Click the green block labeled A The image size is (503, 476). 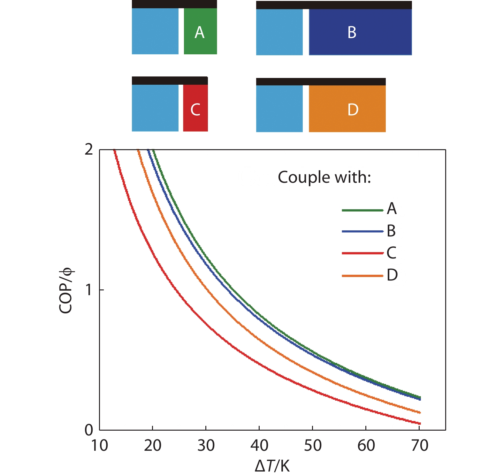200,31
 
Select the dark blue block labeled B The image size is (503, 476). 360,32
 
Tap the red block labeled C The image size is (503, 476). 195,108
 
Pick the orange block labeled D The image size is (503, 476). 347,109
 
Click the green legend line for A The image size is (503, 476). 362,210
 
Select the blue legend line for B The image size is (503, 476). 362,231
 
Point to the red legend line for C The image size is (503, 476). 362,253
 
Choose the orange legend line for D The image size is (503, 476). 362,275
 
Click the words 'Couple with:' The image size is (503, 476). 324,177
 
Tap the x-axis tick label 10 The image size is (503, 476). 100,445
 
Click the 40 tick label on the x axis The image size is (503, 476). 259,445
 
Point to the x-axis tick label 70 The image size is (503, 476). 419,445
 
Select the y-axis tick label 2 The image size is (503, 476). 89,150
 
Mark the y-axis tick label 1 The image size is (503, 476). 89,290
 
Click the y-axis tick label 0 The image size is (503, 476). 89,430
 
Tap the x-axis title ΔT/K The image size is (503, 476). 272,466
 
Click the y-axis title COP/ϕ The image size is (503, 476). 66,290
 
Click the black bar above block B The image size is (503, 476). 334,5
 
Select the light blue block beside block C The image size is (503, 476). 155,108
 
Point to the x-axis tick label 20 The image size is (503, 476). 153,445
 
